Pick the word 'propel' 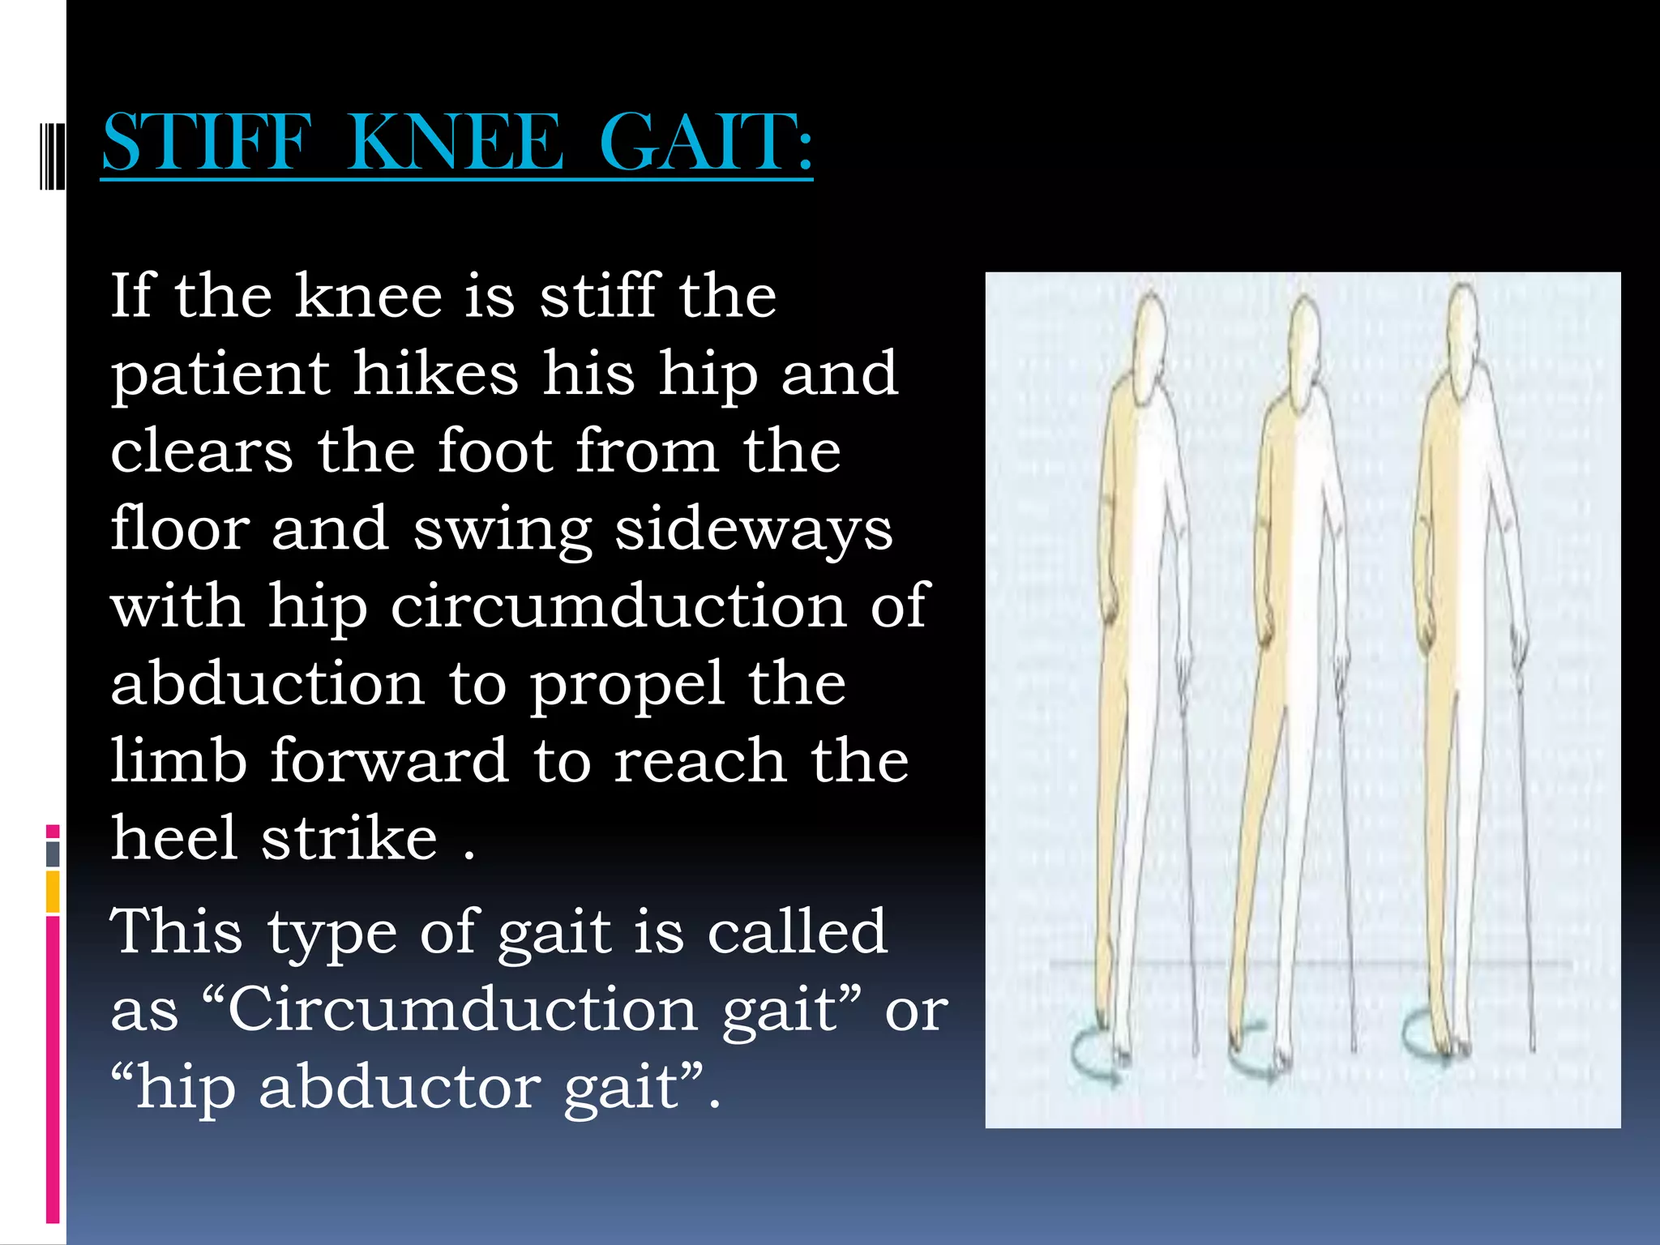pos(627,686)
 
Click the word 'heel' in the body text pos(173,838)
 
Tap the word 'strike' pos(349,838)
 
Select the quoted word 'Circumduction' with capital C pos(461,1010)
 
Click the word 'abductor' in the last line pos(400,1087)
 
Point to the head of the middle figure pos(1303,340)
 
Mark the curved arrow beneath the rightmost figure pos(1423,1046)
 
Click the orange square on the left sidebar pos(53,892)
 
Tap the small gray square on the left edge pos(53,854)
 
